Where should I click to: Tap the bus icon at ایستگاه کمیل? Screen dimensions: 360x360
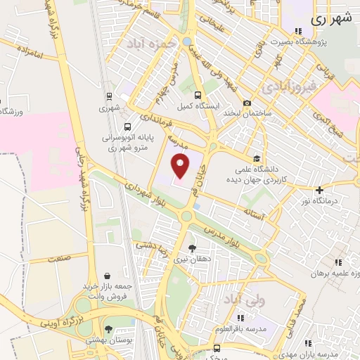[x=198, y=95]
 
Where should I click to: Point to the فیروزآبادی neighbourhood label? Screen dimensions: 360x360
[x=289, y=87]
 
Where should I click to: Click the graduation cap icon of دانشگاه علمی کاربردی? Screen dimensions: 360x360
[x=257, y=159]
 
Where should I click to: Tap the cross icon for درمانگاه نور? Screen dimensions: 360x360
[x=319, y=189]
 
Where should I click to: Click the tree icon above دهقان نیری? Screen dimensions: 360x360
[x=192, y=247]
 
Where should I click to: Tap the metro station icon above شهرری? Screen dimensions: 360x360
[x=109, y=96]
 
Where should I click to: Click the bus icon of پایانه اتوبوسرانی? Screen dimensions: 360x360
[x=127, y=127]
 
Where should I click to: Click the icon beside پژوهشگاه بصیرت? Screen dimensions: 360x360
[x=298, y=31]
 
